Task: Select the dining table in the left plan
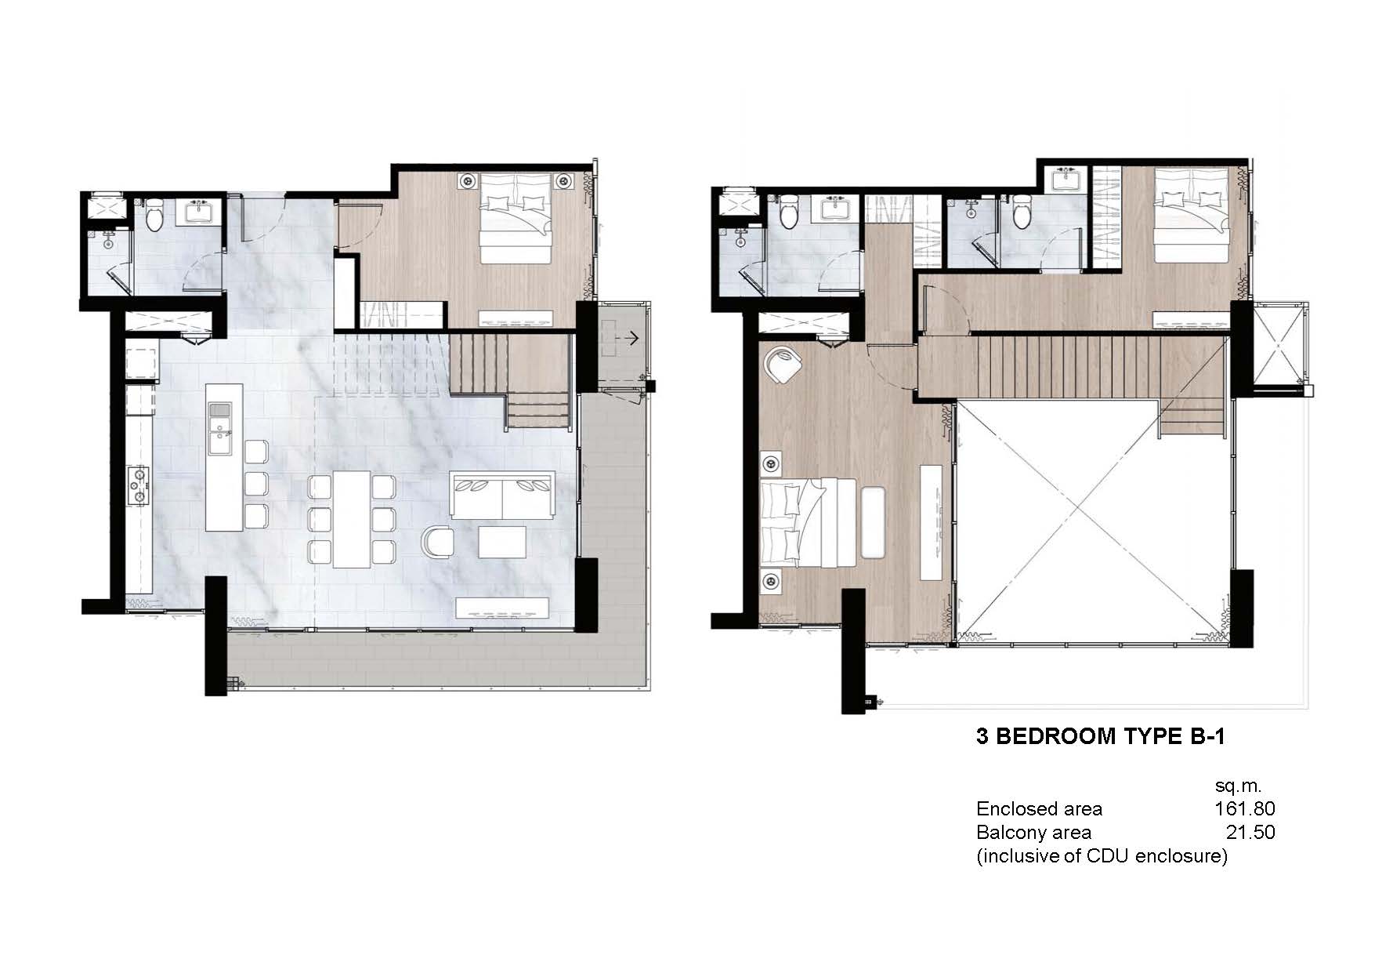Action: [351, 518]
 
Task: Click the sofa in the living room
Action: [502, 495]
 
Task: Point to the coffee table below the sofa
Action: [502, 542]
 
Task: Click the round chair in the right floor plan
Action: [783, 365]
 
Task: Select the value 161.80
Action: [1244, 808]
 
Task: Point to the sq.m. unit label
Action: [1239, 785]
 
